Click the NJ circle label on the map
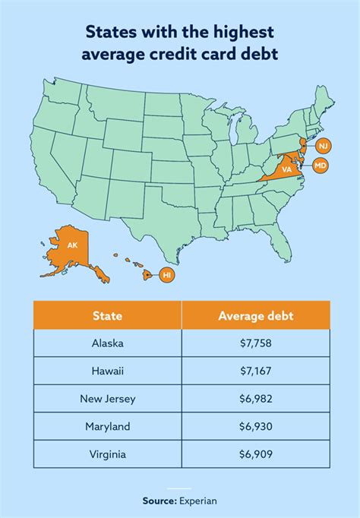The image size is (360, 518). pos(324,145)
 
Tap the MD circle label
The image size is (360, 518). pos(321,165)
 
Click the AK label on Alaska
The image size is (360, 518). pos(73,245)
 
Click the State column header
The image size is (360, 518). pos(107,315)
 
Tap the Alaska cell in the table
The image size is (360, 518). pos(107,343)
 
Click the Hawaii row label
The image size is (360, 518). pos(107,370)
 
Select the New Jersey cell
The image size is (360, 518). pos(107,397)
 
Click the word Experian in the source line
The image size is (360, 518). pos(199,501)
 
